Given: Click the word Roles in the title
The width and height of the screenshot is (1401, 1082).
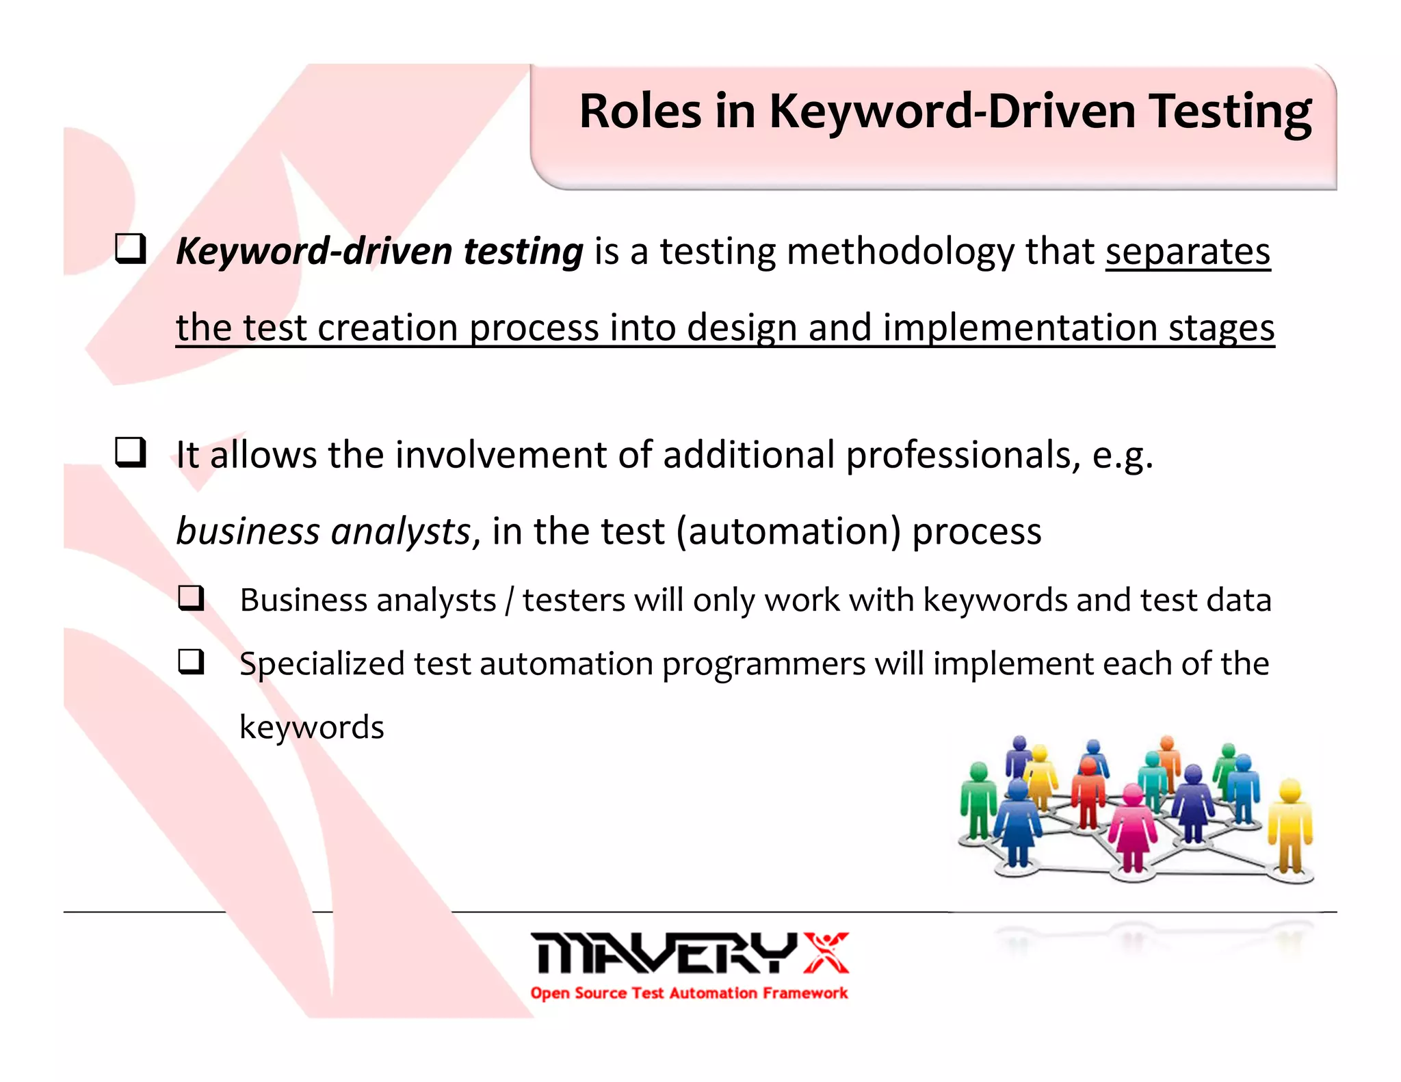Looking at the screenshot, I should pos(640,111).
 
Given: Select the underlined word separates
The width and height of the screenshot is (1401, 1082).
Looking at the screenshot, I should pos(1188,251).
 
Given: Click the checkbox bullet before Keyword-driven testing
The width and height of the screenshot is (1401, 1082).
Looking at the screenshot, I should pos(130,250).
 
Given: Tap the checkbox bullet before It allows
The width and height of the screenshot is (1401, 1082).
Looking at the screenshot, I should pos(130,452).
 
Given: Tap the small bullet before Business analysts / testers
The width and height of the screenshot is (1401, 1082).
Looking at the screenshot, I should pos(191,598).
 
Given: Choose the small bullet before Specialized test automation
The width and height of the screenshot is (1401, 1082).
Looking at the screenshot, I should pos(191,661).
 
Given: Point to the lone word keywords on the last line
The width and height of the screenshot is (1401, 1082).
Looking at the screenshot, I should pos(311,727).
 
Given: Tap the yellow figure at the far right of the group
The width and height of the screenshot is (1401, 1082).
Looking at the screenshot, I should pos(1289,824).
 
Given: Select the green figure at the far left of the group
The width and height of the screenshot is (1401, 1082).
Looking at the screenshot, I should pos(978,800).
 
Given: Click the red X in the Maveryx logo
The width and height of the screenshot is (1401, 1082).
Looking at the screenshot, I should pos(826,953).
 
